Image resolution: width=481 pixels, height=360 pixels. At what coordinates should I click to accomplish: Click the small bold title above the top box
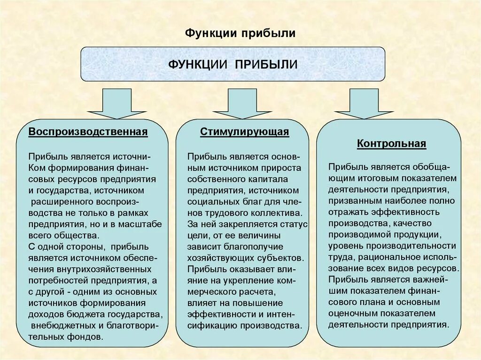pos(240,33)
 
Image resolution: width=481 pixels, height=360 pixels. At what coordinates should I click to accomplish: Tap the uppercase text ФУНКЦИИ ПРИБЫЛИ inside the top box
pos(233,64)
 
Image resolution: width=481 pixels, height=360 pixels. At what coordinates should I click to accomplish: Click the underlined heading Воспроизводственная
pos(88,132)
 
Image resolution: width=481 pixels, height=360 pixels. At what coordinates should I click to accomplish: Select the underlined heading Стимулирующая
pos(244,132)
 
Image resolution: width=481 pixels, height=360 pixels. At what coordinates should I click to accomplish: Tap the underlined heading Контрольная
pos(391,144)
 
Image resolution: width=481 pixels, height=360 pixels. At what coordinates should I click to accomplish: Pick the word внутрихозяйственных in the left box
pos(111,269)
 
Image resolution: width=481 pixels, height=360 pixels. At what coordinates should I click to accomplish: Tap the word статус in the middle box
pos(293,224)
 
